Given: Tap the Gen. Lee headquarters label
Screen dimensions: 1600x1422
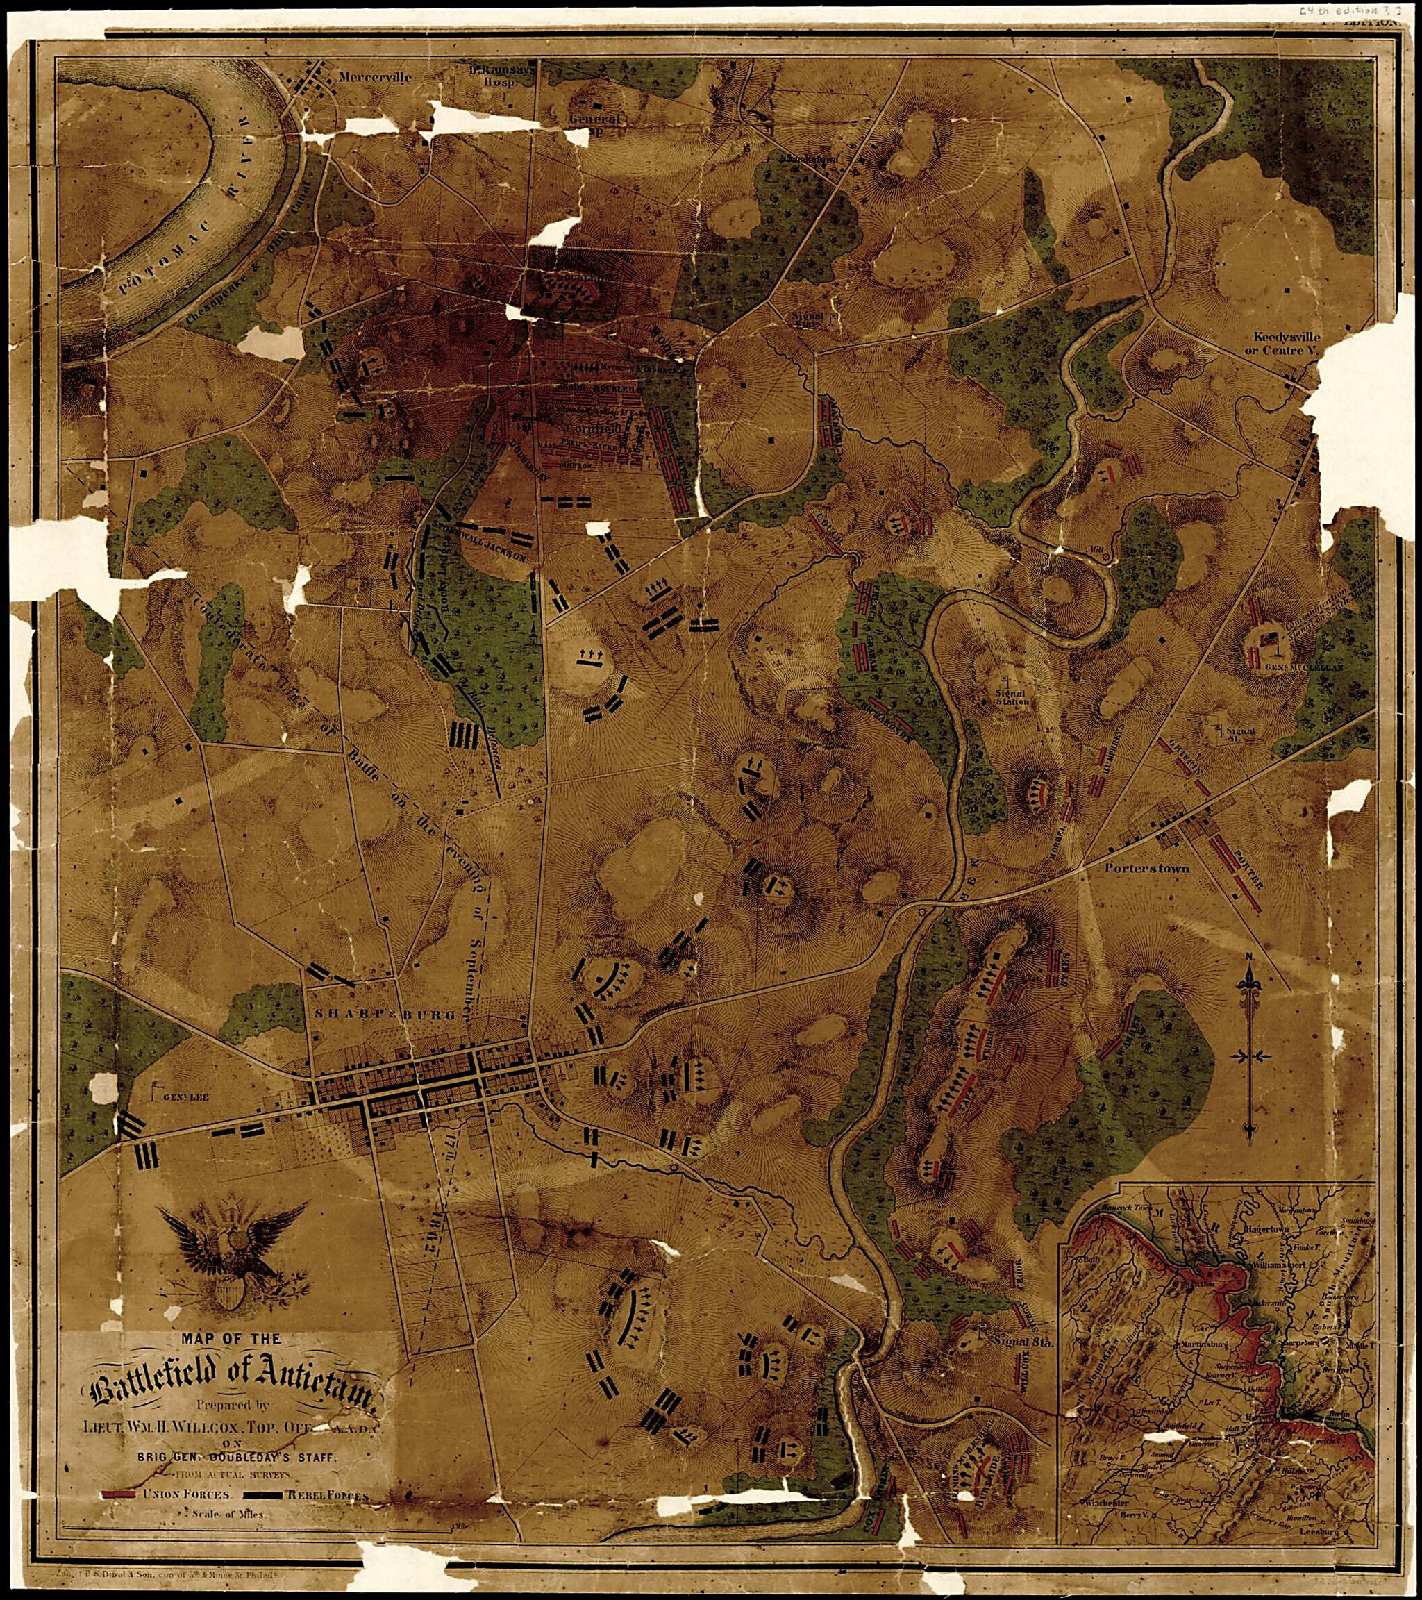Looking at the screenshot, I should tap(185, 1097).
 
